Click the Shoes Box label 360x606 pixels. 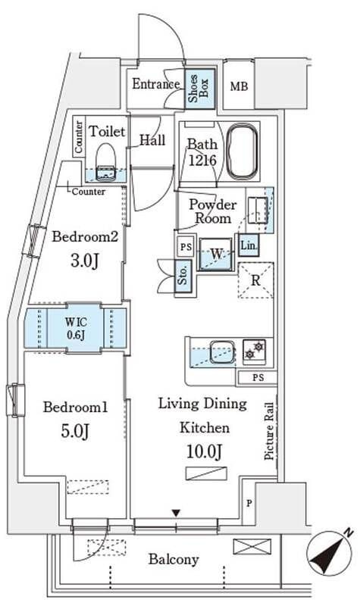pos(199,89)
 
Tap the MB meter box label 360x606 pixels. pos(239,86)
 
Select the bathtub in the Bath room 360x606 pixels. pos(242,151)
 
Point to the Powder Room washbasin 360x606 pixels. pos(257,211)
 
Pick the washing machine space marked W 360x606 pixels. pos(216,254)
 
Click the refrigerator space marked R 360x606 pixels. pos(255,280)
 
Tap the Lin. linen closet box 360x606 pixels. pos(249,245)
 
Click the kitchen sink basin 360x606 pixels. pos(222,351)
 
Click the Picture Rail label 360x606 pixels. pos(270,431)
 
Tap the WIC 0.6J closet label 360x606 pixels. pos(75,328)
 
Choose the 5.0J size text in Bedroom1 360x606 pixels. pos(75,431)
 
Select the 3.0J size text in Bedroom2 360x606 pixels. pos(85,261)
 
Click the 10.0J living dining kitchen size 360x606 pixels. pos(204,451)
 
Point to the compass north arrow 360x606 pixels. pos(330,551)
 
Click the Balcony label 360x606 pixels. pos(174,559)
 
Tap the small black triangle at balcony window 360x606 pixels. pos(176,514)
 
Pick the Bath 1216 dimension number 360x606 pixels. pos(202,160)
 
